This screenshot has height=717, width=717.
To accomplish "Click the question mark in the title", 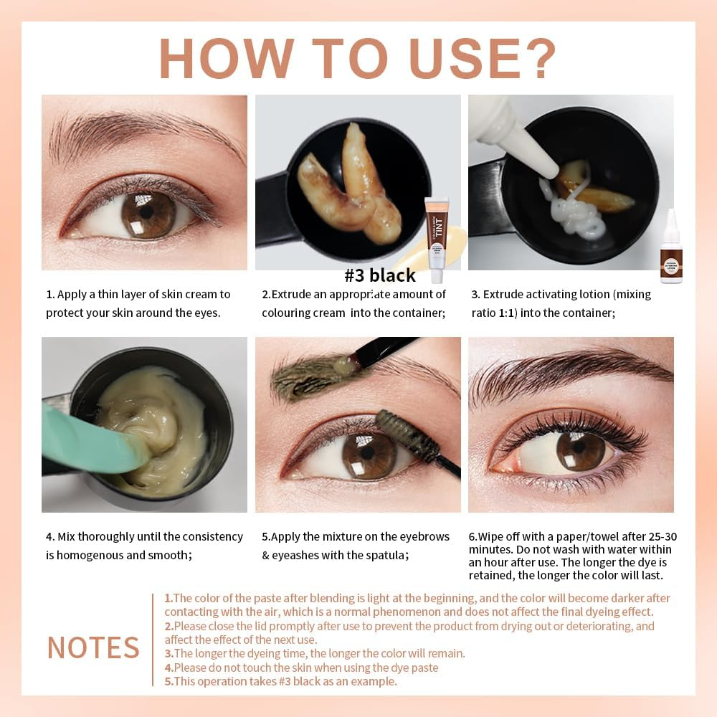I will click(x=535, y=57).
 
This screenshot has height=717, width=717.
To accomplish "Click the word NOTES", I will click(x=93, y=647).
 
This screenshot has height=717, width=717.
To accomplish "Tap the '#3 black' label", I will click(x=380, y=275).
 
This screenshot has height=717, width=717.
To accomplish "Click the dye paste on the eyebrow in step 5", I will click(x=305, y=379).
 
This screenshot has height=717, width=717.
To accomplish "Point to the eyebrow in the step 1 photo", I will click(x=136, y=129).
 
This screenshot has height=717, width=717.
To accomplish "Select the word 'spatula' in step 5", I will click(x=387, y=555).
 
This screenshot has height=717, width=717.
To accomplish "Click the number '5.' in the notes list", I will click(x=168, y=681).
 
